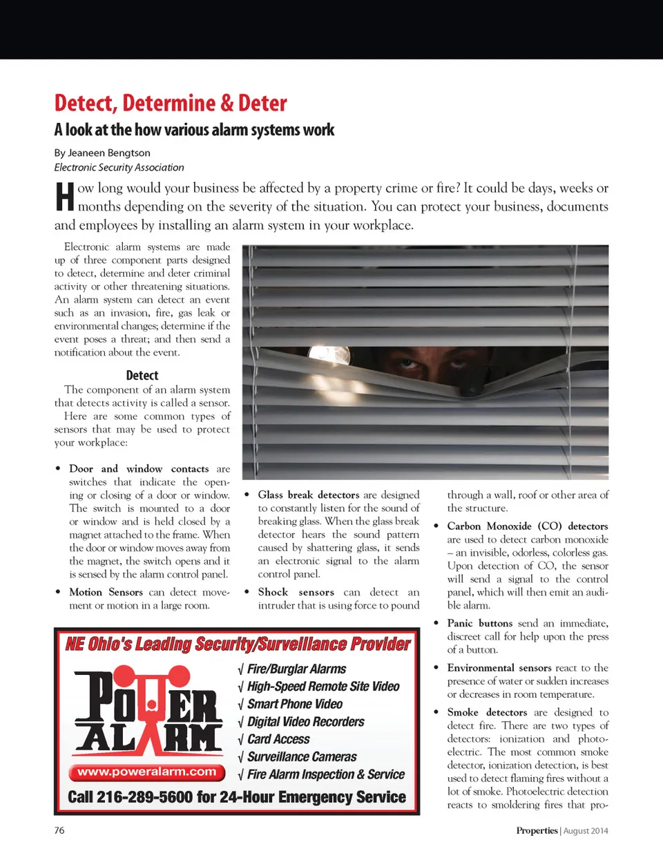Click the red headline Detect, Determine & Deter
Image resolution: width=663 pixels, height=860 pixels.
tap(171, 104)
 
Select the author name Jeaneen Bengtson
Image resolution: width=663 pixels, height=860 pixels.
tap(108, 153)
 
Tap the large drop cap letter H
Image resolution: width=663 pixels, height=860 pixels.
tap(64, 197)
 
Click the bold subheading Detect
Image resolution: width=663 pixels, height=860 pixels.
tap(142, 375)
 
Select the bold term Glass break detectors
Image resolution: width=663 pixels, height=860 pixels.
tap(309, 495)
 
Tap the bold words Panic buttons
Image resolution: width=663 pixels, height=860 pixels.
tap(480, 623)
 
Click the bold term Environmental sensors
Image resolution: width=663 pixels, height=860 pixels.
tap(499, 667)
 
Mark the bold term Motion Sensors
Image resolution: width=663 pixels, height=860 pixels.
tap(106, 592)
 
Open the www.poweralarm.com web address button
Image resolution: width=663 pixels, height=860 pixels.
tap(146, 772)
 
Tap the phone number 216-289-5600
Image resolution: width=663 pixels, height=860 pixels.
tap(145, 797)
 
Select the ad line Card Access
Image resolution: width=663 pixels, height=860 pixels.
tap(278, 739)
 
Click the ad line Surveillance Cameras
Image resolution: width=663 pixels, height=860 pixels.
tap(302, 756)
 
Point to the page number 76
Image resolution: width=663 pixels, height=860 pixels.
tap(59, 830)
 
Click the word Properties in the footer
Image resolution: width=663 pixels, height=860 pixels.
tap(537, 830)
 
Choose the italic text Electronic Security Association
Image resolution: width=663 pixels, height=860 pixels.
tap(119, 167)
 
